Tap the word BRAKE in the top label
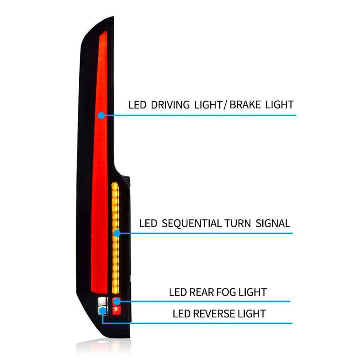[x=246, y=105]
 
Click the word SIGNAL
[x=273, y=223]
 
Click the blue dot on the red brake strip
[x=102, y=115]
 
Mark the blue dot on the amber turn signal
[x=117, y=233]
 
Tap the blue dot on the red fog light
[x=117, y=301]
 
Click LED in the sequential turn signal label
[x=148, y=223]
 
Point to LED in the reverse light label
[x=181, y=313]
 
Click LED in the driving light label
[x=137, y=105]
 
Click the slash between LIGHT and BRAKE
[x=225, y=105]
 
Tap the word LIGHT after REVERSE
[x=253, y=313]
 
